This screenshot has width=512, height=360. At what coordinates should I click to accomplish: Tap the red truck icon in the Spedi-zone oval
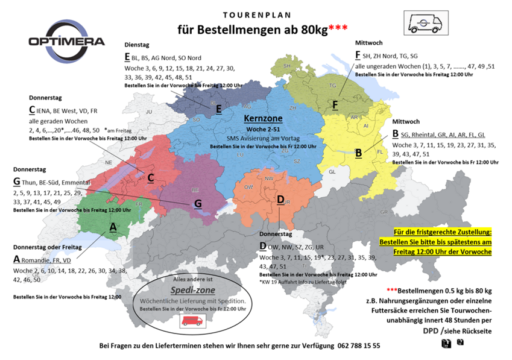(x=192, y=322)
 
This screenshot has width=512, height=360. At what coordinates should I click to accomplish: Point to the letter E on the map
(x=218, y=109)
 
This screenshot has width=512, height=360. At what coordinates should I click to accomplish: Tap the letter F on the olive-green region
(x=335, y=104)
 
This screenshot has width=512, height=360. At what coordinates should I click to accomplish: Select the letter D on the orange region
(x=280, y=199)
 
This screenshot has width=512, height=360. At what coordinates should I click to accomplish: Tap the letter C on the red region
(x=151, y=177)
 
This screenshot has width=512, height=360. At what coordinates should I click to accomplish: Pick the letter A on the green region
(x=112, y=227)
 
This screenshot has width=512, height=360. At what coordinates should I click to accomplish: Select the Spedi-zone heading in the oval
(x=192, y=289)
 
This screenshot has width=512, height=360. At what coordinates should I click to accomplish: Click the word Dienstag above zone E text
(x=137, y=45)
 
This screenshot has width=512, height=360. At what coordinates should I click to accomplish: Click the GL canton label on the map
(x=332, y=172)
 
